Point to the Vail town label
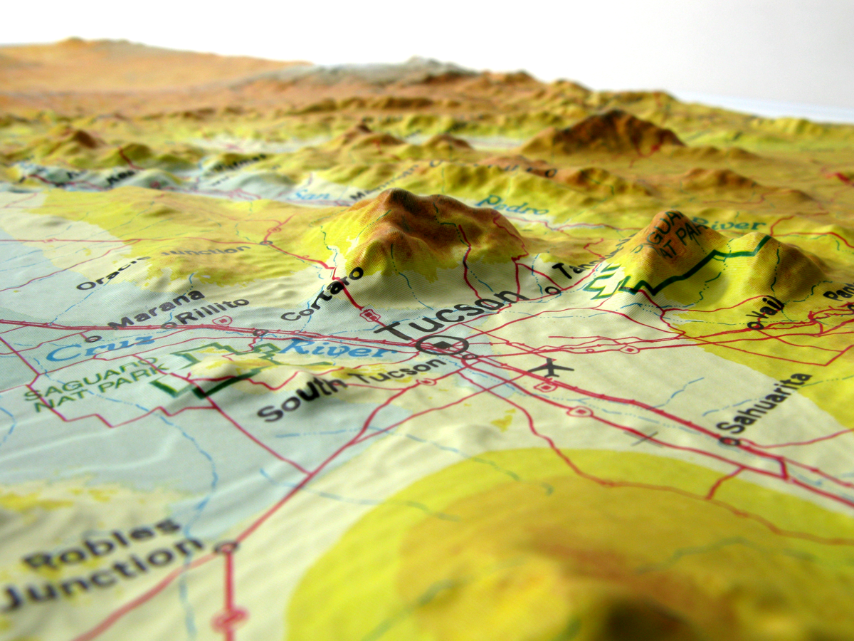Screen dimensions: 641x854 tap(769, 311)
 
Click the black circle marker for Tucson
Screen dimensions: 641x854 tap(442, 346)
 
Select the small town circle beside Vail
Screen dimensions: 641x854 tap(750, 325)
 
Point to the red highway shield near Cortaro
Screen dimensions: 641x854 tap(369, 314)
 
